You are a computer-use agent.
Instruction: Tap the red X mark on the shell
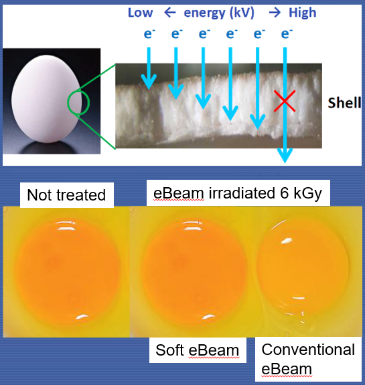click(285, 102)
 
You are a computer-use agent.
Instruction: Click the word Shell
click(344, 103)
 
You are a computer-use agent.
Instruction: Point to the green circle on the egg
click(78, 104)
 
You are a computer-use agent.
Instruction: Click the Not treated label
click(66, 195)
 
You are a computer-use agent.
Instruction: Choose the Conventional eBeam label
click(307, 359)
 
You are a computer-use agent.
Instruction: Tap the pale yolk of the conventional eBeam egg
click(302, 265)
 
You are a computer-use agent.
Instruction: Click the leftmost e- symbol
click(149, 33)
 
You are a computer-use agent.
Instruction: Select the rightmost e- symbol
click(286, 33)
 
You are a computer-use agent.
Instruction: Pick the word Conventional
click(307, 350)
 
